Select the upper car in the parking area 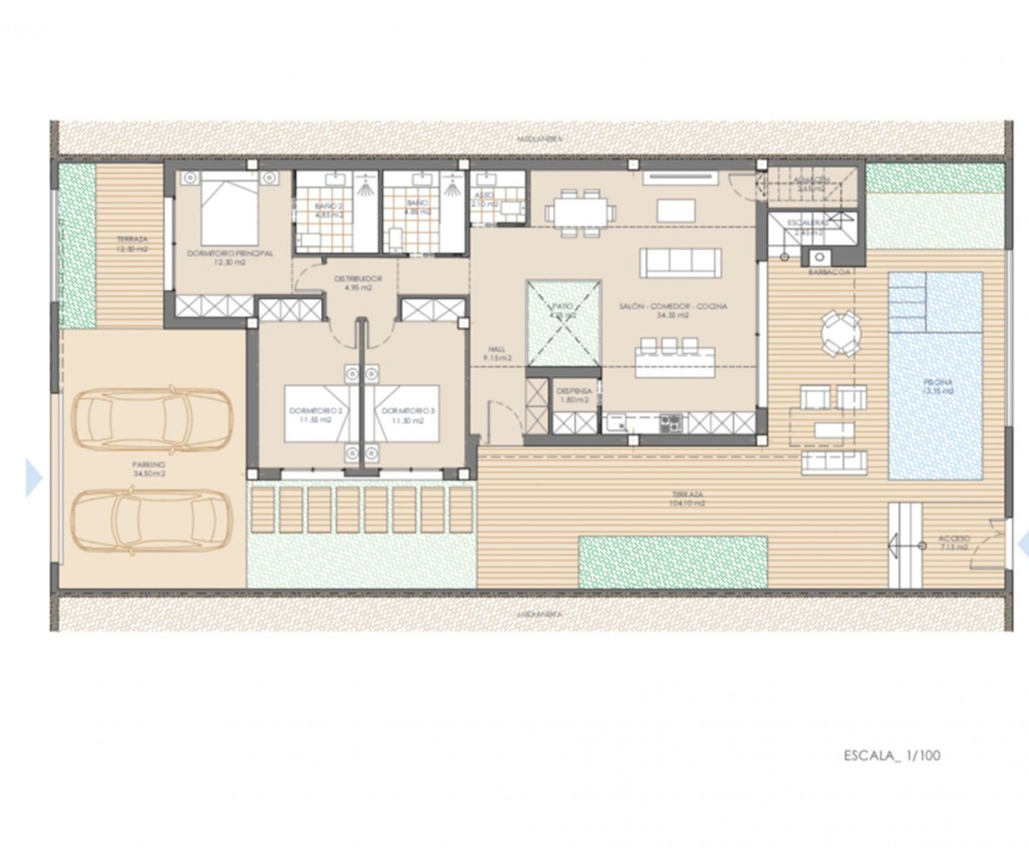(152, 420)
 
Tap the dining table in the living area (580, 213)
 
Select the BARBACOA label (829, 272)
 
